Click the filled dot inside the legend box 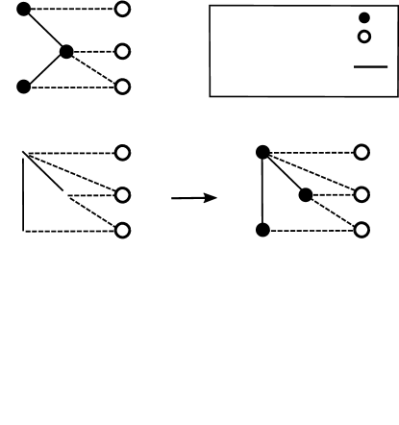click(364, 18)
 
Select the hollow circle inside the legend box click(364, 37)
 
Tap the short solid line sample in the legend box click(370, 67)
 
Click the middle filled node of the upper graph click(65, 52)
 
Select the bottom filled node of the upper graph click(23, 87)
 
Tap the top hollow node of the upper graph click(121, 10)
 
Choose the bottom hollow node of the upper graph click(121, 87)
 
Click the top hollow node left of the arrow click(121, 153)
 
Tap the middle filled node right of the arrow click(306, 195)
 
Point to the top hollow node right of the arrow click(362, 153)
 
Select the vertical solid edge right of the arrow click(262, 192)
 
